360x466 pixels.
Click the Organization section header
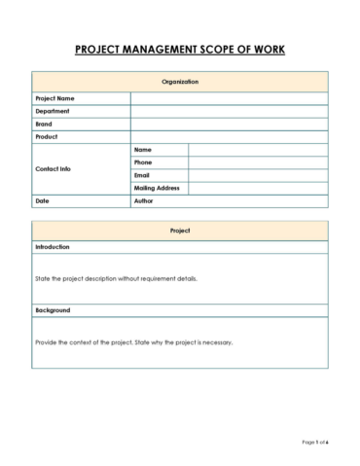pos(180,82)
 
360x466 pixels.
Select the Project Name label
pos(55,98)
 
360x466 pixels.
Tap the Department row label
pos(53,111)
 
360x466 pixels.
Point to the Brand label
pos(45,124)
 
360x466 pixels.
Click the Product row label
pos(47,137)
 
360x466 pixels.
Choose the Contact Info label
pos(54,168)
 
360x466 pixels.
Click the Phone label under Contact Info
pos(143,162)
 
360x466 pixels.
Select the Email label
pos(142,175)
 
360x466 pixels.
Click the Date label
pos(42,200)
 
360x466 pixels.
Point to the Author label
pos(145,200)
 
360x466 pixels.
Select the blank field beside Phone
pos(258,162)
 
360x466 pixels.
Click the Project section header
pos(180,231)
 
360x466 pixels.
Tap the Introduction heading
pos(53,247)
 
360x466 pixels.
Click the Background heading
pos(53,310)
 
